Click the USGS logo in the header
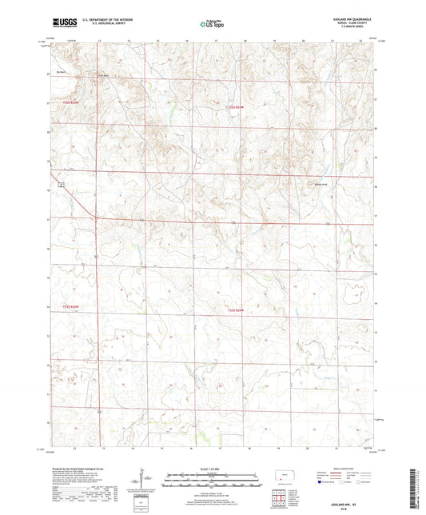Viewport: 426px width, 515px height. [62, 23]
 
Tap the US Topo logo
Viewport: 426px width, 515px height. [213, 24]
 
